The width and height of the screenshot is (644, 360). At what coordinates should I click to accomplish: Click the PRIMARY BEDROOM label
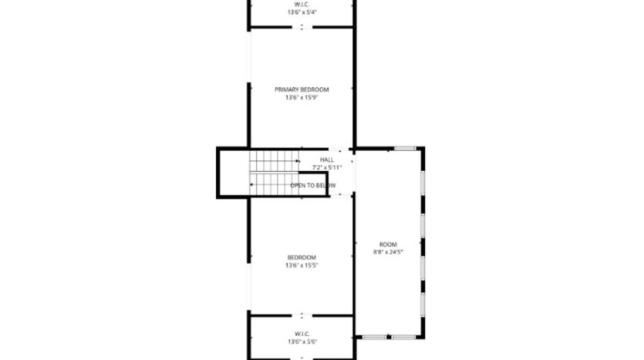point(302,89)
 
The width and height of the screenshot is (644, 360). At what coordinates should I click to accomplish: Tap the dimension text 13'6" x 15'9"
point(302,97)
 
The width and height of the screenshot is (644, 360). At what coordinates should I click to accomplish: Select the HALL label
point(327,160)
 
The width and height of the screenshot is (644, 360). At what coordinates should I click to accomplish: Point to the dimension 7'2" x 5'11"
point(327,167)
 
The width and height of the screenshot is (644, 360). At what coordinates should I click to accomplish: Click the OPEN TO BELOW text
point(313,186)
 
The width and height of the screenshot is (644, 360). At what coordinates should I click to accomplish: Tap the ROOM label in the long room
point(388,244)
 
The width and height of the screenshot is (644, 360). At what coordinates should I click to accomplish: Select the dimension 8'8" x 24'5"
point(388,251)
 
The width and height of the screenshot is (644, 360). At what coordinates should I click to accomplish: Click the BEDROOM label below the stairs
point(302,257)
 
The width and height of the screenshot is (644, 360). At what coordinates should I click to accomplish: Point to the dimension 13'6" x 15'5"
point(302,265)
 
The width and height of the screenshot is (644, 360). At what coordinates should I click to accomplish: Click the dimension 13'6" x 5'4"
point(302,12)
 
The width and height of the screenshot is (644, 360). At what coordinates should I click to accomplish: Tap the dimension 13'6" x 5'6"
point(302,341)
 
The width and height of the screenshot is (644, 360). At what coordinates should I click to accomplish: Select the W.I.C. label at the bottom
point(302,334)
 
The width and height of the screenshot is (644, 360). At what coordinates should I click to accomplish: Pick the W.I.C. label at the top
point(302,5)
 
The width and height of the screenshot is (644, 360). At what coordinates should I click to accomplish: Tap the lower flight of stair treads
point(271,185)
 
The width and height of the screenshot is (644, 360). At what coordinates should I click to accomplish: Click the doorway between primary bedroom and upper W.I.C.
point(302,28)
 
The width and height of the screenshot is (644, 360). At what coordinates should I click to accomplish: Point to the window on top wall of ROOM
point(405,148)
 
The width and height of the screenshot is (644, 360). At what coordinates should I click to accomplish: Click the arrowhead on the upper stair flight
point(297,161)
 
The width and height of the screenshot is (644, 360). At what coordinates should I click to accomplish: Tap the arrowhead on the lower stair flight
point(251,185)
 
